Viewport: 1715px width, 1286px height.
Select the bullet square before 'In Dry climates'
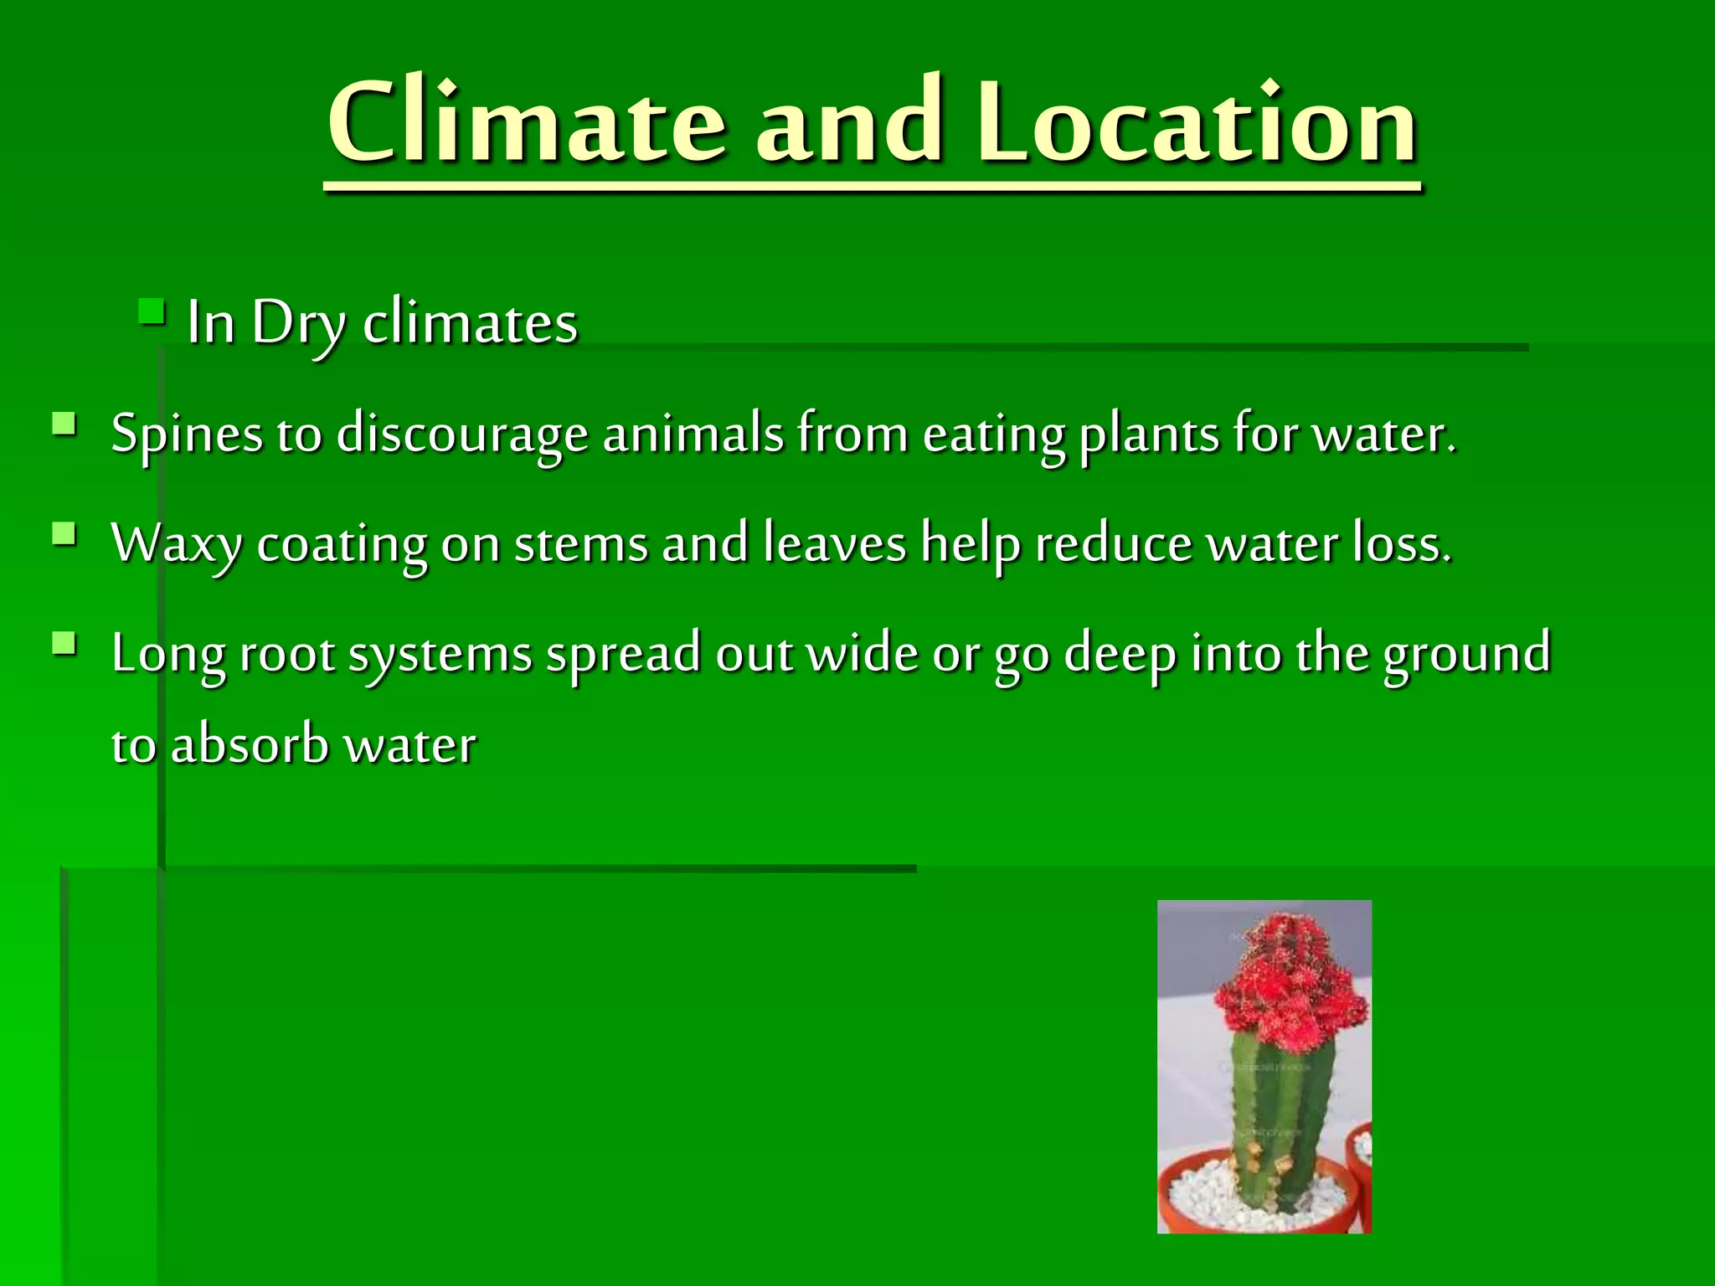tap(152, 313)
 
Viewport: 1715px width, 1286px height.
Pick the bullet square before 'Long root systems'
tap(64, 644)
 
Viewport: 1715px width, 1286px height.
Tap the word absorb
tap(250, 745)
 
